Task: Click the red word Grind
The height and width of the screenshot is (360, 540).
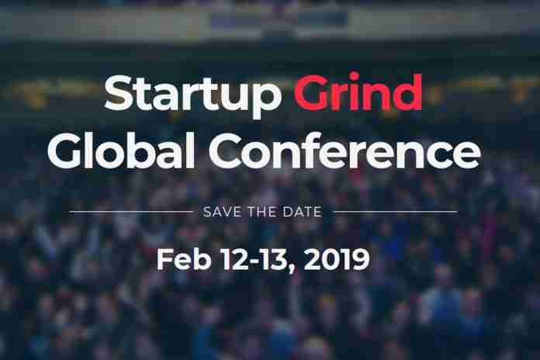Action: point(358,91)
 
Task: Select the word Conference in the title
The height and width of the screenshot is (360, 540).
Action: point(344,151)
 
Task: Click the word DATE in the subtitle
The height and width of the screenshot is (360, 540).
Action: point(302,212)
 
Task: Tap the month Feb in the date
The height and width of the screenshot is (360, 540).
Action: point(184,259)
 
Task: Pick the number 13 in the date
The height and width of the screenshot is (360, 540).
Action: point(275,259)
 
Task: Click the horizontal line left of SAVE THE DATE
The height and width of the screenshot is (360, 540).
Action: point(132,212)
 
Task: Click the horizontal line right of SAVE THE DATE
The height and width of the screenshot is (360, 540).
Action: point(396,212)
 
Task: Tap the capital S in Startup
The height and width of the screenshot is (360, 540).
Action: point(119,91)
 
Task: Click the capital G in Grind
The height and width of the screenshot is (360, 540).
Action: point(311,92)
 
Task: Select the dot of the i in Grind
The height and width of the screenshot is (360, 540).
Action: point(354,75)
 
